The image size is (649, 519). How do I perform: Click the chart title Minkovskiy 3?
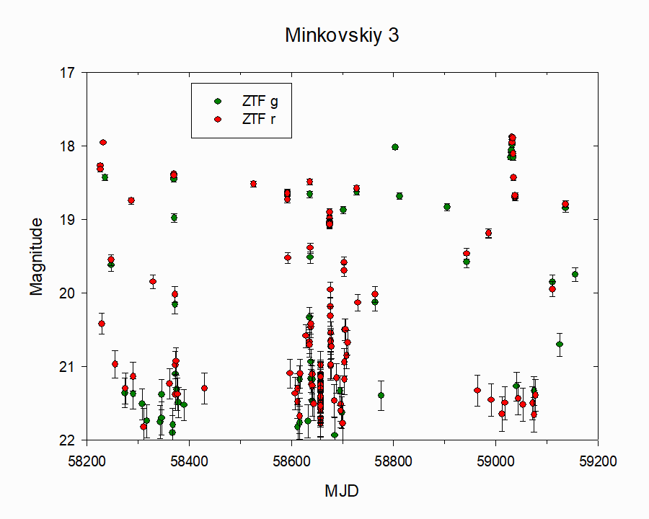pyautogui.click(x=342, y=35)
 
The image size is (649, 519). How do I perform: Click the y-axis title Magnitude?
pyautogui.click(x=37, y=257)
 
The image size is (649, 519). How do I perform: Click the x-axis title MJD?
pyautogui.click(x=342, y=491)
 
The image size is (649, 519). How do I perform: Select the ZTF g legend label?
pyautogui.click(x=260, y=102)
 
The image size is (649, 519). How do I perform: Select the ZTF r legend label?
pyautogui.click(x=259, y=119)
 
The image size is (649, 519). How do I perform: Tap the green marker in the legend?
pyautogui.click(x=218, y=102)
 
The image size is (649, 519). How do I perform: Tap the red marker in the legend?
pyautogui.click(x=218, y=119)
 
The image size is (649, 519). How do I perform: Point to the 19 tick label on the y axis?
pyautogui.click(x=68, y=219)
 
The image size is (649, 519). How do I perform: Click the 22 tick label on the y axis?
pyautogui.click(x=68, y=440)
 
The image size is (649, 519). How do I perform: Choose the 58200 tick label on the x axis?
pyautogui.click(x=87, y=461)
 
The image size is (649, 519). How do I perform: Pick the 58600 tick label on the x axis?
pyautogui.click(x=291, y=461)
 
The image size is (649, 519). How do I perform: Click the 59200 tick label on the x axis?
pyautogui.click(x=598, y=461)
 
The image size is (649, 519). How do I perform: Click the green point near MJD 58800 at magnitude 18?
pyautogui.click(x=395, y=147)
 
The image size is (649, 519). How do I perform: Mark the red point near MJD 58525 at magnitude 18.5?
pyautogui.click(x=253, y=184)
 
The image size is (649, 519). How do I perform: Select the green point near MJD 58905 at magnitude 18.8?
pyautogui.click(x=447, y=207)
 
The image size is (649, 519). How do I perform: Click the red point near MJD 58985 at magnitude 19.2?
pyautogui.click(x=488, y=233)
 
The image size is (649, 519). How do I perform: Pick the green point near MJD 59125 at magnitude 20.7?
pyautogui.click(x=560, y=344)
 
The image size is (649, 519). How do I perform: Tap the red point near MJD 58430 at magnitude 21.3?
pyautogui.click(x=204, y=388)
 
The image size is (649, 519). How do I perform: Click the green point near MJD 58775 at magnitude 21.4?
pyautogui.click(x=381, y=395)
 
